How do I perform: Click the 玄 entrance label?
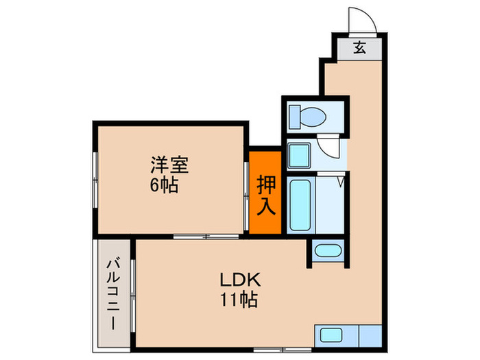pos(359,47)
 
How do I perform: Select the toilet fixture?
pos(309,115)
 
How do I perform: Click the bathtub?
pos(299,204)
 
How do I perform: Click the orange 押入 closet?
pos(265,192)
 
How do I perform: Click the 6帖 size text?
pos(165,184)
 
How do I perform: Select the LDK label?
pos(238,280)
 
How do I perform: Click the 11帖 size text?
pos(238,300)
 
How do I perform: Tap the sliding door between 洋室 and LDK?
pos(206,237)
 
